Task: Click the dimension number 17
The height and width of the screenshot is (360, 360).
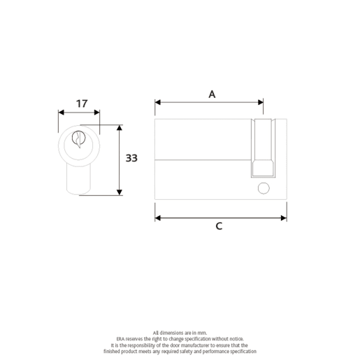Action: pyautogui.click(x=81, y=103)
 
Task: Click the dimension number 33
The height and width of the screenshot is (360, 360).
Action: pyautogui.click(x=131, y=159)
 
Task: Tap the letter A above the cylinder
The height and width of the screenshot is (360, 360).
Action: pyautogui.click(x=212, y=94)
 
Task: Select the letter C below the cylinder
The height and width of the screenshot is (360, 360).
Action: pyautogui.click(x=219, y=226)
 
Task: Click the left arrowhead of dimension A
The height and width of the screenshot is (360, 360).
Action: pyautogui.click(x=158, y=102)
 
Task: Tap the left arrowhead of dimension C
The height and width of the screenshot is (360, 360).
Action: pyautogui.click(x=158, y=218)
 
